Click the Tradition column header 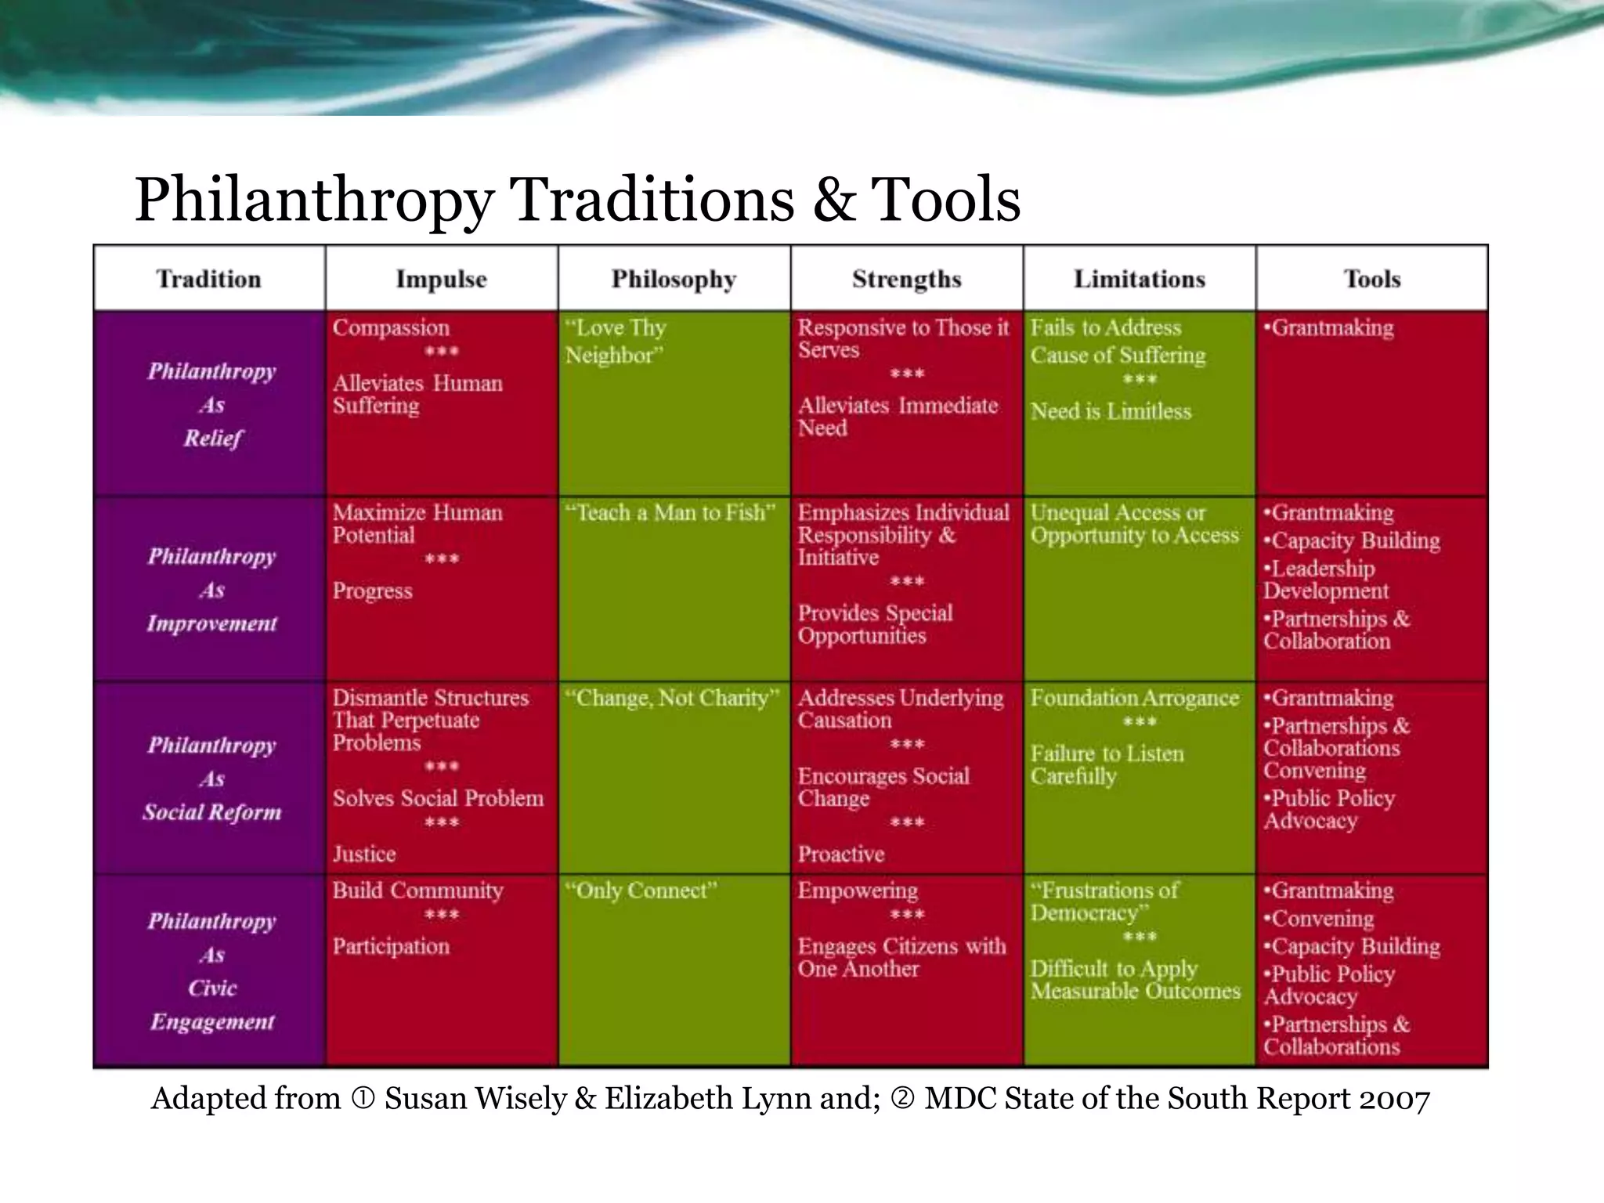(208, 279)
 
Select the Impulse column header (441, 279)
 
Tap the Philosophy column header (674, 279)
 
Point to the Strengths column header (906, 279)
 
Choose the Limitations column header (1139, 279)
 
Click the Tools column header (1372, 279)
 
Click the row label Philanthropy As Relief (211, 404)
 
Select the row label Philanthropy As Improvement (211, 590)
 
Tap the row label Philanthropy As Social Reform (211, 779)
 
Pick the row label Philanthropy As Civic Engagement (211, 971)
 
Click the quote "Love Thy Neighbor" (616, 341)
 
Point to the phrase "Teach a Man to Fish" (670, 513)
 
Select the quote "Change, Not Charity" (672, 698)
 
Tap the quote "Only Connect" (641, 891)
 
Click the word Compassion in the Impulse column (391, 327)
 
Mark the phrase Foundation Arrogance (1135, 698)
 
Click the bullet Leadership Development (1324, 580)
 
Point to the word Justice (364, 854)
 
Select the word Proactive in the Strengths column (841, 854)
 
